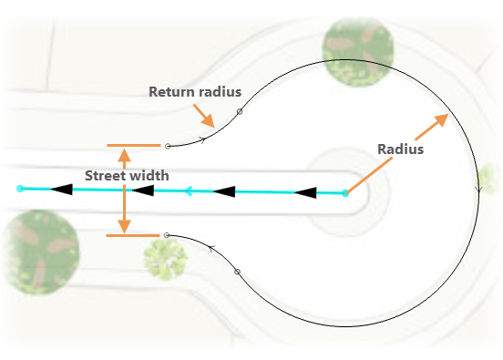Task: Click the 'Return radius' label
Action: (195, 92)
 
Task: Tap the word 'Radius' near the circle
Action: (400, 149)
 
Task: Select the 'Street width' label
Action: (127, 176)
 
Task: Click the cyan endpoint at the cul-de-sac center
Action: (345, 193)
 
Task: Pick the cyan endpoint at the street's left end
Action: (20, 189)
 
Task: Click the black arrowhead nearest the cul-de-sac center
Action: (305, 193)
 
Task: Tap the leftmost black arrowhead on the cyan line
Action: (62, 189)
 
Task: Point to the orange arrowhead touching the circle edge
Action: (441, 119)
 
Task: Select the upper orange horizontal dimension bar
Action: (134, 145)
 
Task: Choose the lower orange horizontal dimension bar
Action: (133, 235)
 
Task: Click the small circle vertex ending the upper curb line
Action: (168, 147)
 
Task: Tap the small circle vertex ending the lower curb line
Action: (166, 235)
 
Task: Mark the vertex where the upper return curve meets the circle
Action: (240, 112)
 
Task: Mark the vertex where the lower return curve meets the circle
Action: (237, 272)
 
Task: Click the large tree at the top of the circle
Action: (358, 52)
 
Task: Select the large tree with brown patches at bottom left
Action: (41, 252)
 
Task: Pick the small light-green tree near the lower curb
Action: (165, 259)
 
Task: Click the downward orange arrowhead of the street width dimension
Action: (124, 226)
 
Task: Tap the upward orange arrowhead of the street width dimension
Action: (125, 155)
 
